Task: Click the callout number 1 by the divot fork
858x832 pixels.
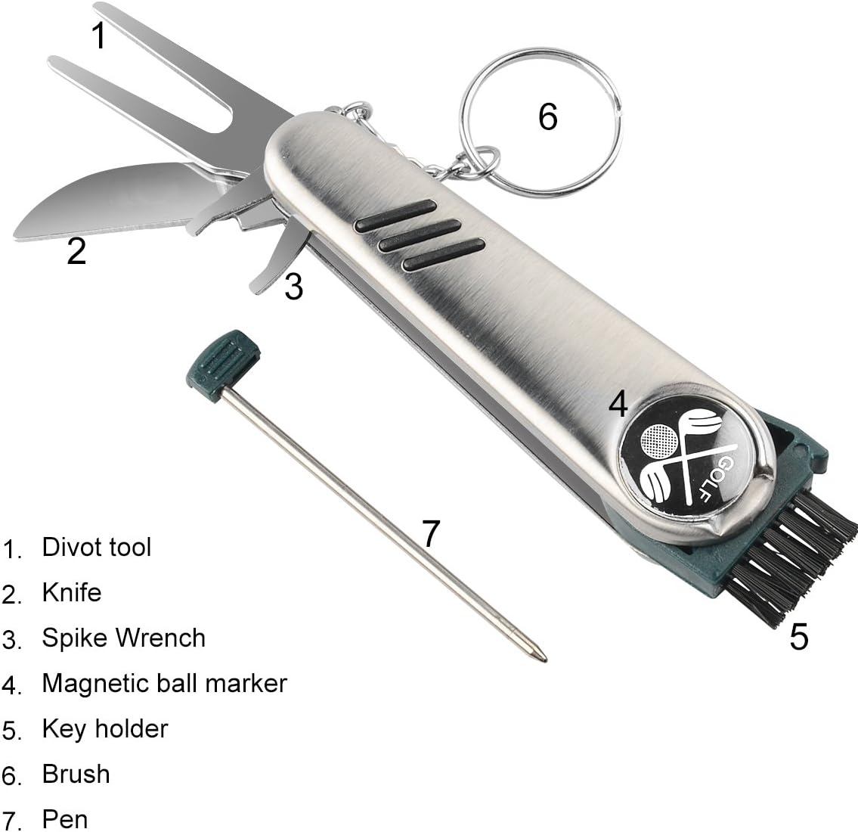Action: (99, 36)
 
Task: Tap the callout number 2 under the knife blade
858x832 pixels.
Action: (76, 251)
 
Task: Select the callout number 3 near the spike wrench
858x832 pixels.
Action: (293, 287)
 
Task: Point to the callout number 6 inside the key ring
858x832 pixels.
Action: (547, 117)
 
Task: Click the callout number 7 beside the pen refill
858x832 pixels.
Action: (430, 533)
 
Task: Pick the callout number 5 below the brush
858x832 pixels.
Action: (799, 638)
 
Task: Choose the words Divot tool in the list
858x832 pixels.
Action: (97, 547)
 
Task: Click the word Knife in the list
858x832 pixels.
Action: (72, 592)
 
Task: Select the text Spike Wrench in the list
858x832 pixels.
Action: (124, 638)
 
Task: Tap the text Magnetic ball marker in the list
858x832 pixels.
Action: (165, 683)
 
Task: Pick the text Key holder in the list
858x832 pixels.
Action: (105, 728)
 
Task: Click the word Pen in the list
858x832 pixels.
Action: (65, 818)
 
